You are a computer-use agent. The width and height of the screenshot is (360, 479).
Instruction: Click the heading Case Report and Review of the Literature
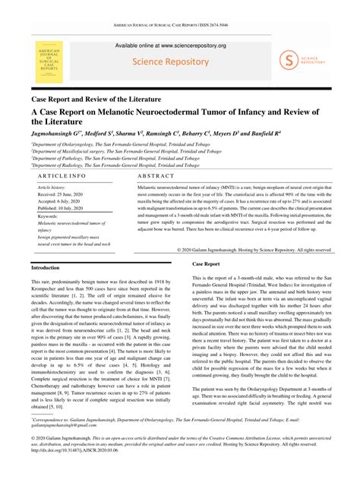tap(95, 99)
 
